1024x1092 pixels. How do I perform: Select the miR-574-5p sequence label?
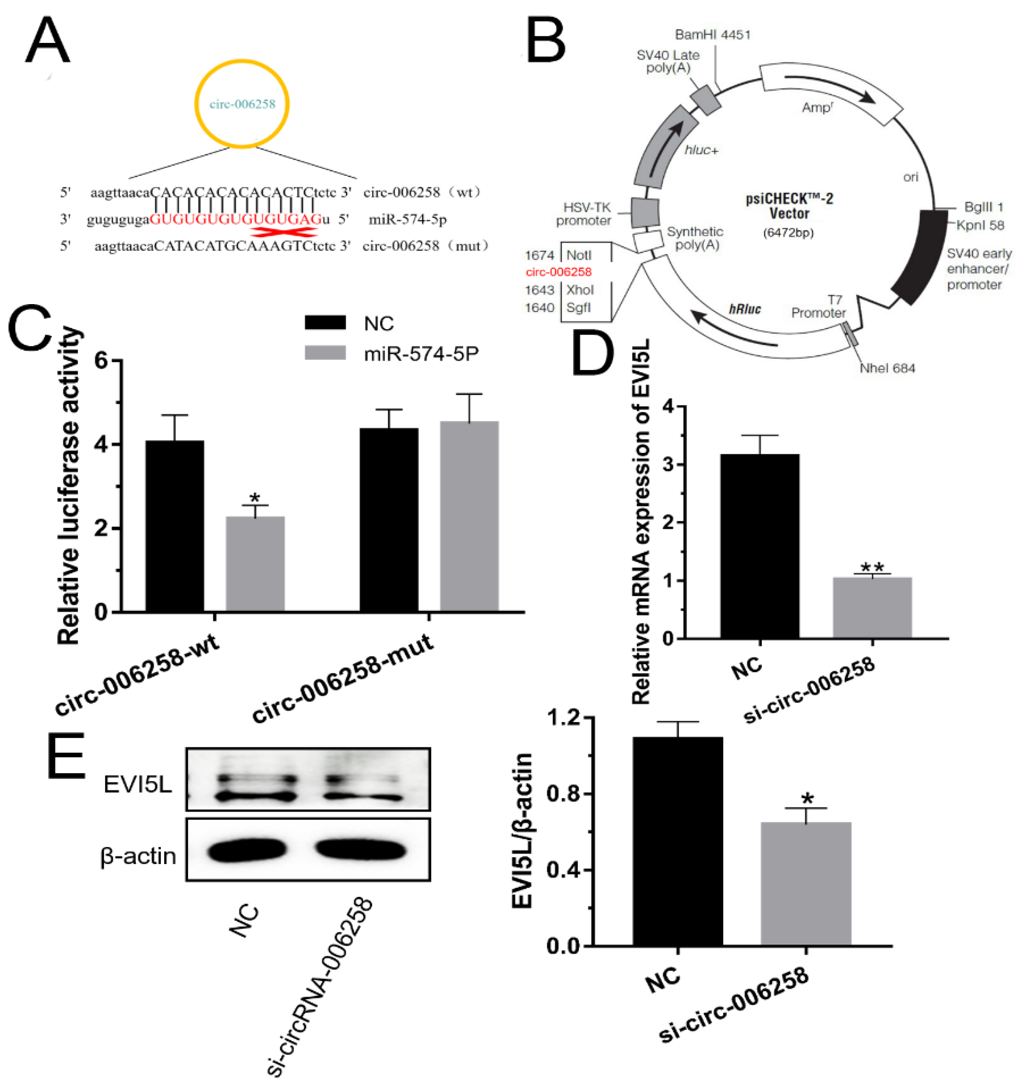407,220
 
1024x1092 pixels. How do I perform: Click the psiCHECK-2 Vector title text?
789,205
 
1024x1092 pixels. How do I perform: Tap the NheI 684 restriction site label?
887,368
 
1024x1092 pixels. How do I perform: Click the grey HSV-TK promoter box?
645,212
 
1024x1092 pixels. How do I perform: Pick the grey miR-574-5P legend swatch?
325,352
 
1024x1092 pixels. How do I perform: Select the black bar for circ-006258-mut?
388,519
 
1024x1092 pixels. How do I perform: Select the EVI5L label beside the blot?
138,785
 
